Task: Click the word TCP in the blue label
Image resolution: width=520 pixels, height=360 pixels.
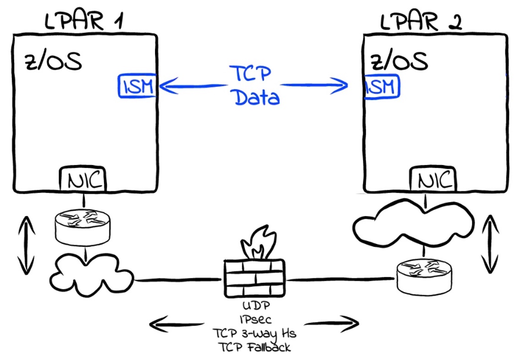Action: click(250, 74)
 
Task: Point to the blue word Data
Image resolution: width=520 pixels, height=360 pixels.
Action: click(257, 97)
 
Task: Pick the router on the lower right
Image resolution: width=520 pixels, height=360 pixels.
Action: click(424, 276)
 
